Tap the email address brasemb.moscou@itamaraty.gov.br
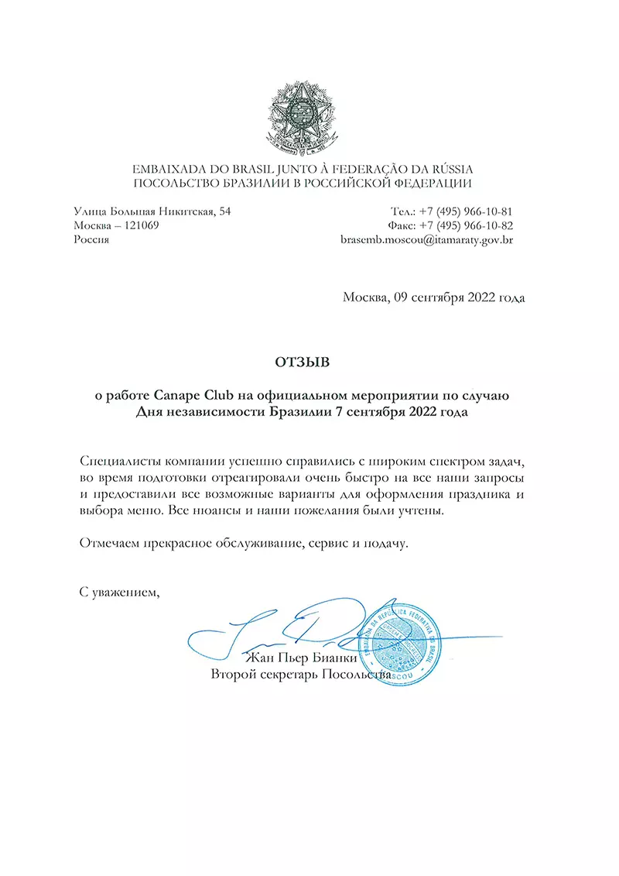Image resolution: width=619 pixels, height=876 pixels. coord(427,240)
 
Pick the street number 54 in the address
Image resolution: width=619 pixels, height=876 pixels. coord(224,211)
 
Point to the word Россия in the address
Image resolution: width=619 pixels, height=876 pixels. coord(91,240)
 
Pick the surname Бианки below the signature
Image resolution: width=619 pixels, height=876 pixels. coord(334,659)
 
